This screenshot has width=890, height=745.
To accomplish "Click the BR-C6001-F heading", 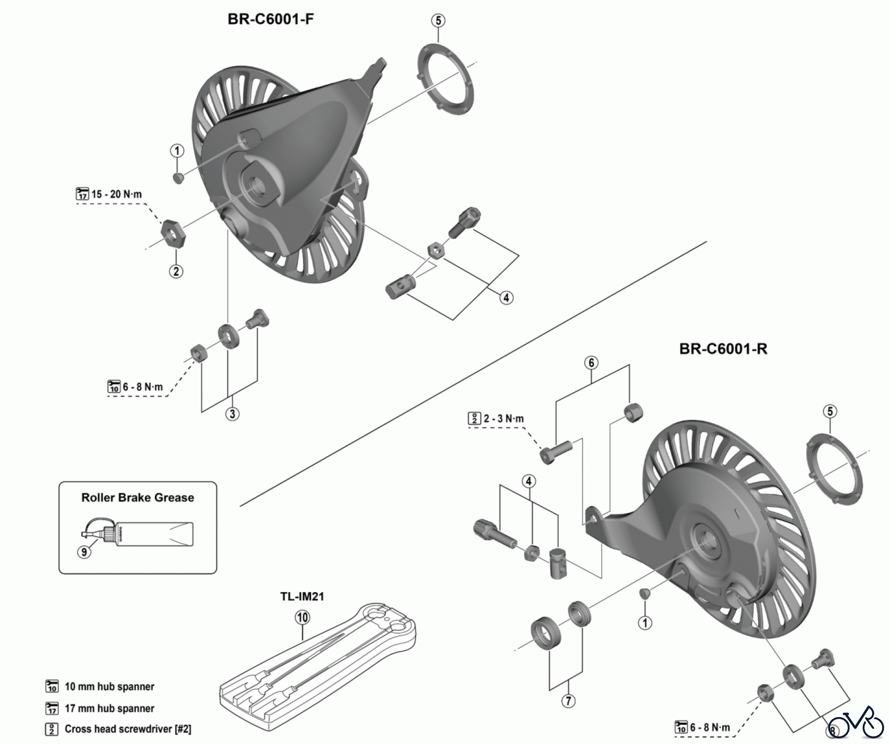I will click(270, 19).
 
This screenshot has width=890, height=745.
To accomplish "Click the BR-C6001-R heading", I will click(723, 349).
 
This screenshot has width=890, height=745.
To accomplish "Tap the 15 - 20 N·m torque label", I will click(116, 194).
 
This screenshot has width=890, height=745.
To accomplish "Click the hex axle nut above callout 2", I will click(174, 233).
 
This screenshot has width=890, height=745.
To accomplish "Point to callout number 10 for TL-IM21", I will click(302, 617).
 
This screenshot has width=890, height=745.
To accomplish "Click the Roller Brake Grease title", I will click(137, 498).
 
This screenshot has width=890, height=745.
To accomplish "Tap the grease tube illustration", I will click(148, 534).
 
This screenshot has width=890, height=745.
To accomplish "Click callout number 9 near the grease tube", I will click(84, 551).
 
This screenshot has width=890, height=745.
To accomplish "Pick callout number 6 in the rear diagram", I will click(591, 363).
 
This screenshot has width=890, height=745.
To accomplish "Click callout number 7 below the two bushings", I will click(568, 701).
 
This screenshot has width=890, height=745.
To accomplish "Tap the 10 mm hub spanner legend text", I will click(109, 687).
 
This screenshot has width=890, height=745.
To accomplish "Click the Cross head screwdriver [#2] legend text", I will click(128, 729).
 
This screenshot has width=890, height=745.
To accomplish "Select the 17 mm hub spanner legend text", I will click(109, 708).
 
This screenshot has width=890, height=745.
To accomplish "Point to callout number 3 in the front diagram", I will click(232, 413).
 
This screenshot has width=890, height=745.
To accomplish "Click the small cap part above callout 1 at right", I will click(644, 594).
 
